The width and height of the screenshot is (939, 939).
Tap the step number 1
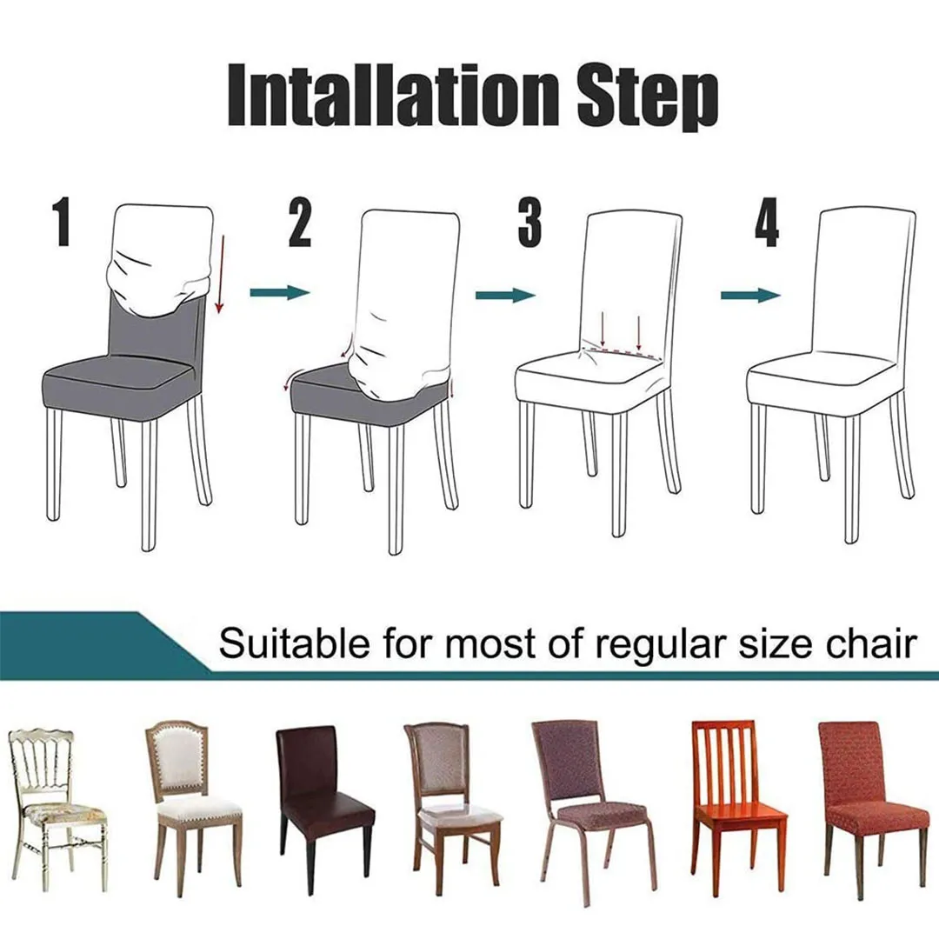coord(62,223)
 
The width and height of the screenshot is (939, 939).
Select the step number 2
coord(299,223)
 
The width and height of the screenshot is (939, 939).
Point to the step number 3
coord(529,223)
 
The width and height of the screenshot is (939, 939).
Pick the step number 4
coord(766,223)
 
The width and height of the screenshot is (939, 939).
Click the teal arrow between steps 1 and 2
coord(279,293)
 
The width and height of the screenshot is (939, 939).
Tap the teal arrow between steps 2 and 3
coord(504,296)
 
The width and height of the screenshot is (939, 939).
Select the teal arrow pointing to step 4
coord(749,296)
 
